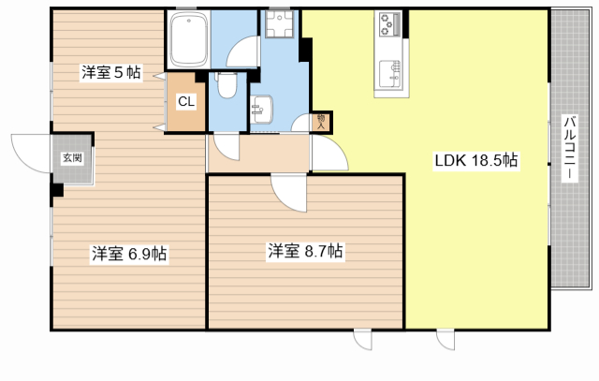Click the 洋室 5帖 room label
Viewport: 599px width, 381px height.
pyautogui.click(x=110, y=72)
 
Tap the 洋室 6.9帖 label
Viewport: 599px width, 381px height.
pyautogui.click(x=129, y=253)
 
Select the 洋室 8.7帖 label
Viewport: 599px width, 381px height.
pyautogui.click(x=305, y=251)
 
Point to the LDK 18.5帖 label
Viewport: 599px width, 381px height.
pyautogui.click(x=475, y=160)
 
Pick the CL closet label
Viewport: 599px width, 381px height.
pyautogui.click(x=185, y=102)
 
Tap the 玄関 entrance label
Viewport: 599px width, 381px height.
pyautogui.click(x=72, y=158)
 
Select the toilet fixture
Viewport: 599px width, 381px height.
pyautogui.click(x=226, y=86)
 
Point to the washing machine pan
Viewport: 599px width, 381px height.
pyautogui.click(x=278, y=32)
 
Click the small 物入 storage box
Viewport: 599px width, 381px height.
pyautogui.click(x=321, y=120)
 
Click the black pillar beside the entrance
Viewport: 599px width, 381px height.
pyautogui.click(x=57, y=190)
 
